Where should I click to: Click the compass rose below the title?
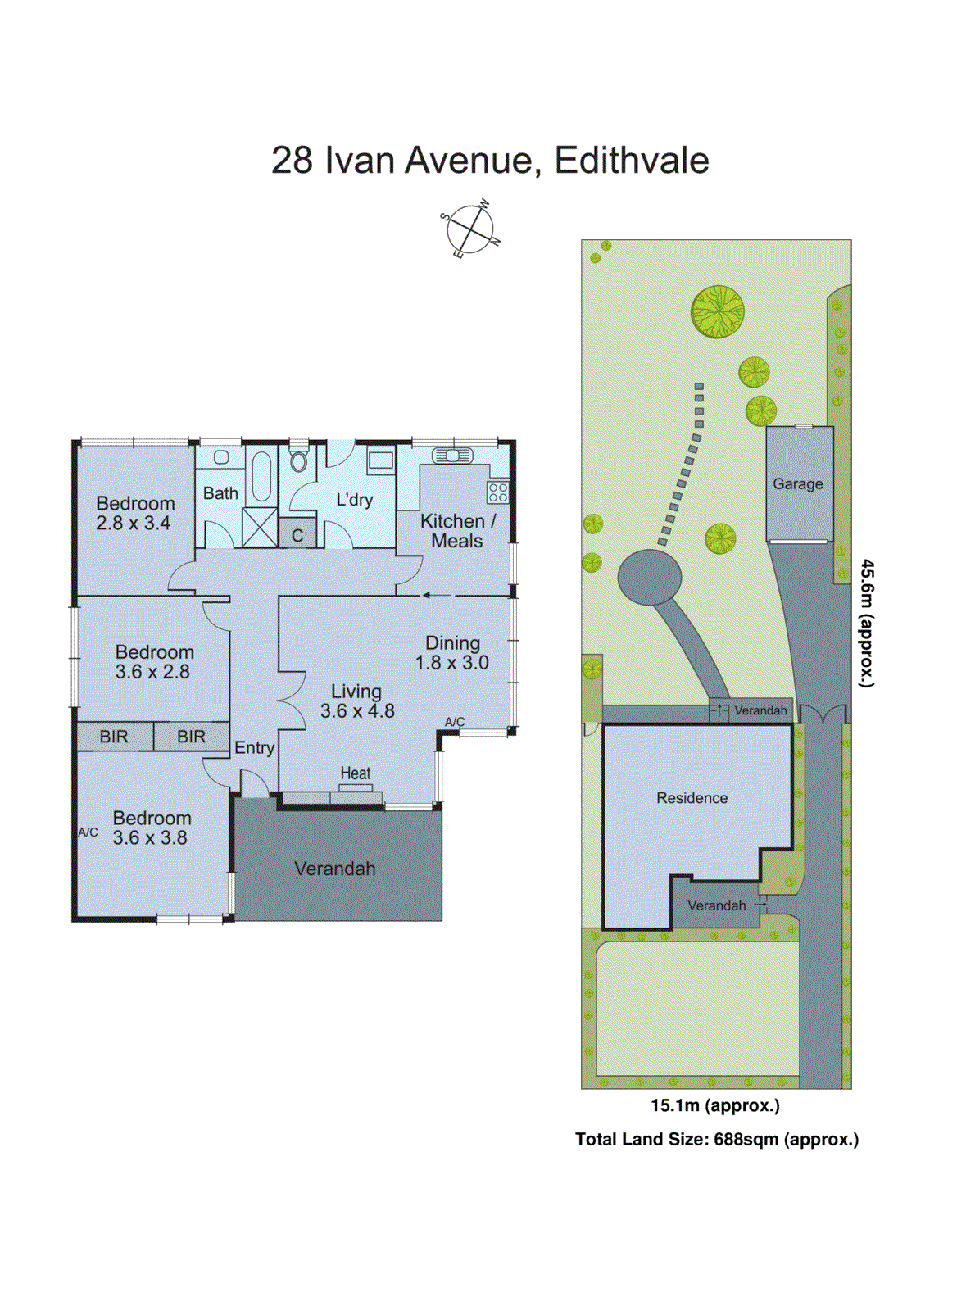pyautogui.click(x=469, y=229)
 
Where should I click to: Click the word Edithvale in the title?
pyautogui.click(x=632, y=161)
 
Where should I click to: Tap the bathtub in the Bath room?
pyautogui.click(x=261, y=476)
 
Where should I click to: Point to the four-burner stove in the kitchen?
pyautogui.click(x=497, y=492)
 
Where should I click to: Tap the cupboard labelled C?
pyautogui.click(x=297, y=534)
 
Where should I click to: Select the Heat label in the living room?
pyautogui.click(x=355, y=773)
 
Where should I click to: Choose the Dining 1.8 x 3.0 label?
pyautogui.click(x=451, y=653)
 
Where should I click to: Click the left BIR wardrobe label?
pyautogui.click(x=114, y=737)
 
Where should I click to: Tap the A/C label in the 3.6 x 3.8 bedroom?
pyautogui.click(x=88, y=832)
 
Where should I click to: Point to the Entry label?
pyautogui.click(x=254, y=747)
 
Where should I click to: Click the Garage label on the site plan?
pyautogui.click(x=797, y=484)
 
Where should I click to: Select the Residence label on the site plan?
pyautogui.click(x=692, y=798)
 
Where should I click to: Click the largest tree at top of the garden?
pyautogui.click(x=718, y=311)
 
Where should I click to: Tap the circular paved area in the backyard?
pyautogui.click(x=649, y=578)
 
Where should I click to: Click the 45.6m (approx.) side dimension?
pyautogui.click(x=866, y=623)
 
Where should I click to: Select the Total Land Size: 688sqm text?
pyautogui.click(x=717, y=1139)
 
